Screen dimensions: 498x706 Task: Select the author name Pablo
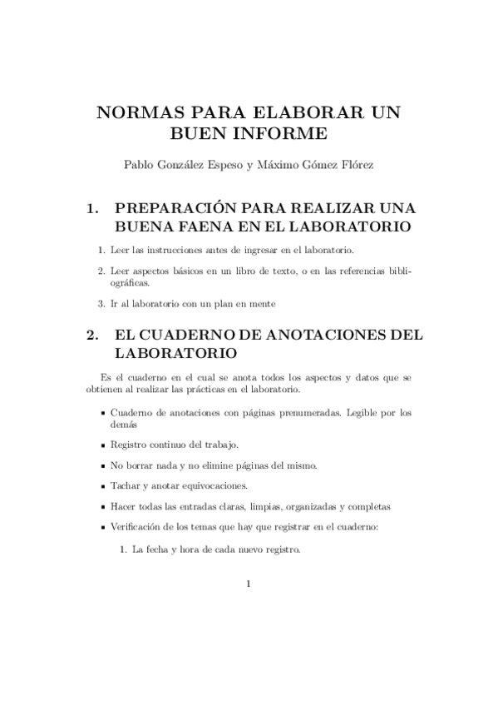pos(139,165)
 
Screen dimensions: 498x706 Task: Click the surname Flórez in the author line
pos(357,165)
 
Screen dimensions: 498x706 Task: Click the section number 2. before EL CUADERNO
pos(93,335)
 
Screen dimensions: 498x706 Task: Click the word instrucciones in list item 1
pos(168,250)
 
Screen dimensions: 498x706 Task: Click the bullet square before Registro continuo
pos(102,445)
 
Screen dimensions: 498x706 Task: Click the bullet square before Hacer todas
pos(102,507)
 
